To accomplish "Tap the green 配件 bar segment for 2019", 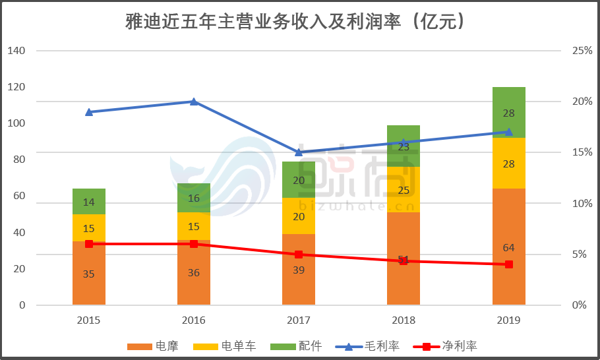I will coord(508,112).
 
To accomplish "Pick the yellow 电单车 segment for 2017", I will coord(299,216).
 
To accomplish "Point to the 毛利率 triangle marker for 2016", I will coord(194,102).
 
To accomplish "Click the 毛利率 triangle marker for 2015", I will coord(89,111).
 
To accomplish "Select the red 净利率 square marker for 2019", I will coord(508,264).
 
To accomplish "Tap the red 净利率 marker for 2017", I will coord(299,255).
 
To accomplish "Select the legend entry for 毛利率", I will coord(368,345).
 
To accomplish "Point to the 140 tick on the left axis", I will coord(16,51).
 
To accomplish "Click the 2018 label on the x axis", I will coord(404,320).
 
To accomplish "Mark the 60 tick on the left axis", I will coord(18,196).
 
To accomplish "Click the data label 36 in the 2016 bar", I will coord(194,272).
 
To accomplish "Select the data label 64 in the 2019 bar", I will coord(508,248).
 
